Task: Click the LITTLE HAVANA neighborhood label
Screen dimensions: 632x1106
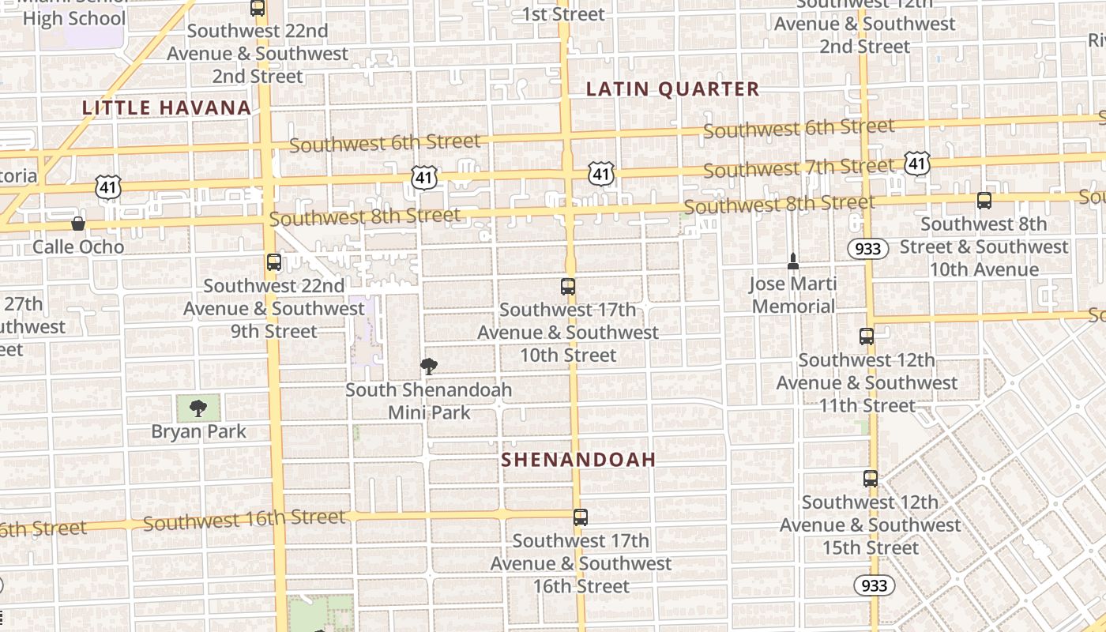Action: coord(167,107)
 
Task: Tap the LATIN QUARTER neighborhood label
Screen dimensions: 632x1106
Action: coord(672,89)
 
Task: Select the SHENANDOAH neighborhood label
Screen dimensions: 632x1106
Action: coord(578,460)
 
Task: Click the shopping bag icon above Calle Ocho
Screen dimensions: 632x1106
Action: coord(78,224)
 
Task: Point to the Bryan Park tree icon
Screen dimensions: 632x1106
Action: coord(198,408)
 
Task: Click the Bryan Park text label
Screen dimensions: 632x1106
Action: coord(198,431)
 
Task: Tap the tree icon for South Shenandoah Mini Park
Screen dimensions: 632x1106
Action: coord(429,366)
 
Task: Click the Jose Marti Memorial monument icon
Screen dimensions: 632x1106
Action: coord(793,261)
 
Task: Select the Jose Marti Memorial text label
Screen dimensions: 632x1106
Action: coord(793,295)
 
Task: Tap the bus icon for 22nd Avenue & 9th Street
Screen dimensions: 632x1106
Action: coord(274,262)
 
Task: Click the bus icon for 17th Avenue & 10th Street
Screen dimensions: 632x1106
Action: coord(568,286)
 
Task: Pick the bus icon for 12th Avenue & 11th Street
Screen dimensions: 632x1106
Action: coord(867,337)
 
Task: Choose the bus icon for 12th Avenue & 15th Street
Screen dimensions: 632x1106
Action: coord(870,479)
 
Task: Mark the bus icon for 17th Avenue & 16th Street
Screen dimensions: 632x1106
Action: coord(581,517)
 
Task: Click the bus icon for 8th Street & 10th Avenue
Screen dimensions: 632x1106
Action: coord(984,201)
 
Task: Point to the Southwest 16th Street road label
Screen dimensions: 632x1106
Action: coord(244,519)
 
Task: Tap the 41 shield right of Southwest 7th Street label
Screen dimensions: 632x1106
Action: coord(917,164)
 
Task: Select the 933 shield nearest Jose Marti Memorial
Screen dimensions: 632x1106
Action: coord(868,248)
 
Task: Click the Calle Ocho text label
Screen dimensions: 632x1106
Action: coord(78,246)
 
